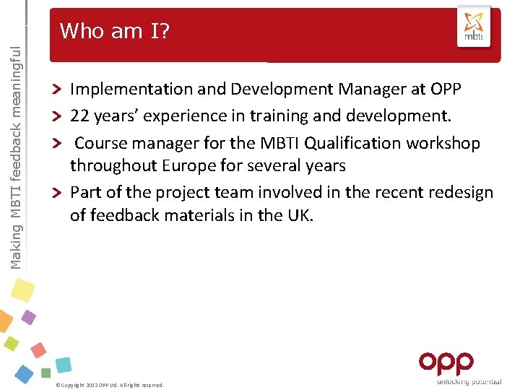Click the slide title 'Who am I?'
pos(114,31)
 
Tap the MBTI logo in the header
pos(473,27)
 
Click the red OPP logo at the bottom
pos(446,363)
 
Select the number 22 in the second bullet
pos(79,116)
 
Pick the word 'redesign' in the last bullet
pos(459,193)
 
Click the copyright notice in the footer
pos(110,385)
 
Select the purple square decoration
pos(29,317)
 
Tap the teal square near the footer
pos(64,365)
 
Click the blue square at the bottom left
pos(24,373)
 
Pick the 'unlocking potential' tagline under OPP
pos(469,381)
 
